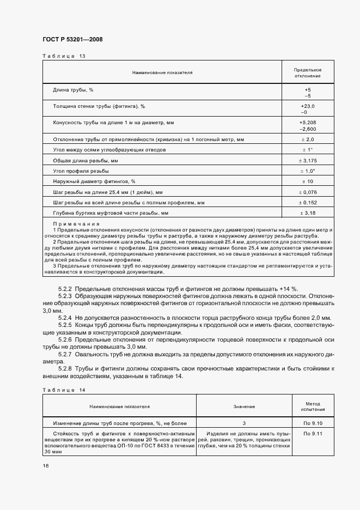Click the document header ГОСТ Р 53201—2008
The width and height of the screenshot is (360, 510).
click(x=72, y=40)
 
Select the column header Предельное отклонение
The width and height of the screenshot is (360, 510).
click(x=308, y=73)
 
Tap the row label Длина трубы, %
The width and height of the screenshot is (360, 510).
click(x=74, y=89)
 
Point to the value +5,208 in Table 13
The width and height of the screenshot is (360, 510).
click(x=308, y=123)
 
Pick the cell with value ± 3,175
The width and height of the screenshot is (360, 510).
click(x=308, y=161)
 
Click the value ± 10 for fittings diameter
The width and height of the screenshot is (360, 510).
click(x=308, y=181)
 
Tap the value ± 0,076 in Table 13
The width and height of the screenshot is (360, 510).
click(x=308, y=192)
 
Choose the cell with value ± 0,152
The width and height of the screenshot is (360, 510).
click(x=308, y=202)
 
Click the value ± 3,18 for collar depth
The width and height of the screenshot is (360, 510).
click(x=308, y=212)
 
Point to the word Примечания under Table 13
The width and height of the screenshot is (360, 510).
click(x=76, y=224)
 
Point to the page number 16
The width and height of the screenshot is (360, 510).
click(x=46, y=466)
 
